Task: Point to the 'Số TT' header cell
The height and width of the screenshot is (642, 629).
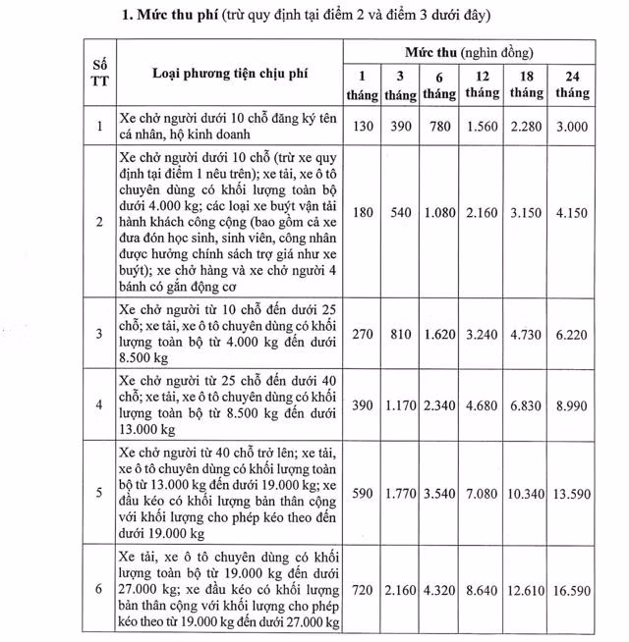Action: click(x=99, y=74)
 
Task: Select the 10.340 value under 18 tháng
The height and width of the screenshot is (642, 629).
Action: click(x=527, y=492)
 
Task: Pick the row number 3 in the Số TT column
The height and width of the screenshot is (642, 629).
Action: click(x=99, y=334)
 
